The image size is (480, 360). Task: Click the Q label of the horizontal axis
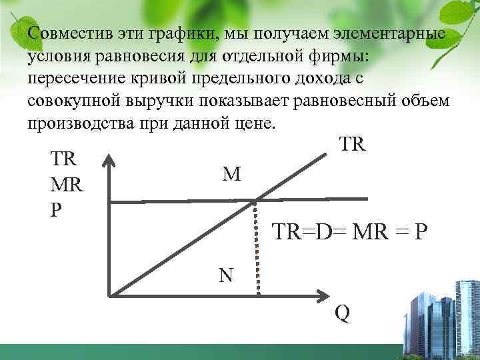342,313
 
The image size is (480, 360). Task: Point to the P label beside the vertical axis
56,208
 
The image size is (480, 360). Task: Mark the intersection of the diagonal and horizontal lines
257,199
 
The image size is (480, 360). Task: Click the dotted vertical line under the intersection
258,247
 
